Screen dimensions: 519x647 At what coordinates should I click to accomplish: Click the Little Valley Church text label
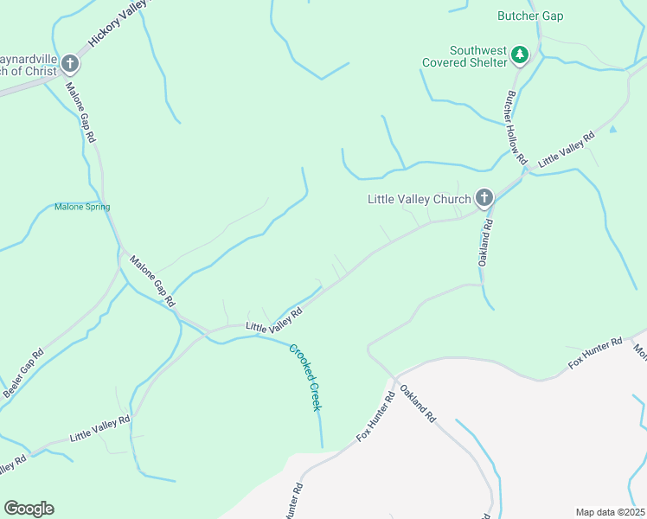coord(419,199)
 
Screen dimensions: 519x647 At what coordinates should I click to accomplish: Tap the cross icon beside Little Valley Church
coord(484,199)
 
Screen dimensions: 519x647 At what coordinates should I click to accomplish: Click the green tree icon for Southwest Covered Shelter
coord(519,55)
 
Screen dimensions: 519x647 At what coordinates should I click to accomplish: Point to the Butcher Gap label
coord(530,15)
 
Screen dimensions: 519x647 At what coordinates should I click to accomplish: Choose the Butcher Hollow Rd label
coord(516,127)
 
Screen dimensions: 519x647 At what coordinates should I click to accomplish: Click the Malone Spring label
coord(82,207)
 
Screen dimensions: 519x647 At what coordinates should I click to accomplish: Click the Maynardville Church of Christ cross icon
coord(69,63)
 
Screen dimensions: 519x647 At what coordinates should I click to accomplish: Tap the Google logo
coord(29,509)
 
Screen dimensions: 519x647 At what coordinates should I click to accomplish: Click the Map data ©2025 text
coord(610,511)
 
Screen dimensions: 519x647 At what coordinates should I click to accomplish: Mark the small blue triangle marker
coord(613,129)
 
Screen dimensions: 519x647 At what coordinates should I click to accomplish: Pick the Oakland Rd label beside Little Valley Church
coord(487,242)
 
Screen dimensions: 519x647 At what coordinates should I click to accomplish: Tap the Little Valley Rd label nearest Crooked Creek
coord(272,321)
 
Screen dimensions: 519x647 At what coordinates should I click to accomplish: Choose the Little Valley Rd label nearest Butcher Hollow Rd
coord(567,150)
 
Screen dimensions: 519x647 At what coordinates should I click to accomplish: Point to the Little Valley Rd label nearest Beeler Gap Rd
coord(99,429)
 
